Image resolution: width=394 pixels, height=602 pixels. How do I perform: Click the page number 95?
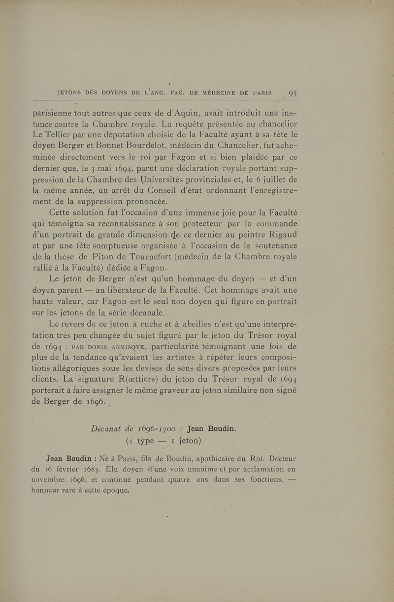coord(295,92)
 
